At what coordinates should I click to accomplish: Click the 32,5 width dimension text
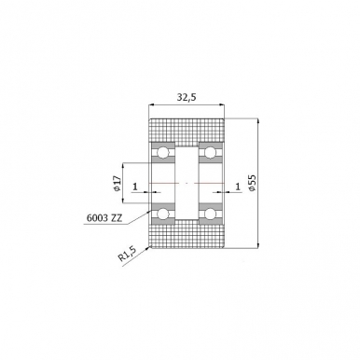187,97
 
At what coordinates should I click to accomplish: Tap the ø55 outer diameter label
252,183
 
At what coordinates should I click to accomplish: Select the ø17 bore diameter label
117,183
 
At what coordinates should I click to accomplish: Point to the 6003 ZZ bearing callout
104,218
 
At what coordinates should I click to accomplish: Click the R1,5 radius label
128,255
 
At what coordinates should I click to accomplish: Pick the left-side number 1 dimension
135,187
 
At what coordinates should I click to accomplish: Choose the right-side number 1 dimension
238,187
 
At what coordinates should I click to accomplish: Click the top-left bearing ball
162,153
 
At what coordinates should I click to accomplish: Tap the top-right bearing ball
210,153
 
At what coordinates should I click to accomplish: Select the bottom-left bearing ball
162,214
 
